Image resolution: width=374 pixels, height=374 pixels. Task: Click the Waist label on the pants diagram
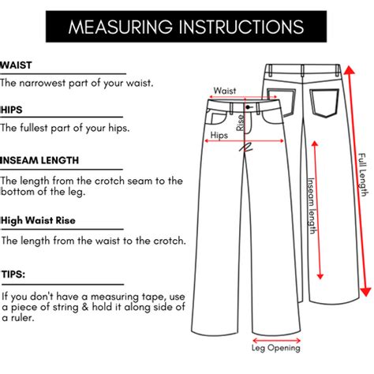coord(225,91)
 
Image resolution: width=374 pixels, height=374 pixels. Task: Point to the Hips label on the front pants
coord(219,135)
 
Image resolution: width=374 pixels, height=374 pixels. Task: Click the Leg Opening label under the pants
coord(276,347)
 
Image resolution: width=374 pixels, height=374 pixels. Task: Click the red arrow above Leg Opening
coord(276,336)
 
